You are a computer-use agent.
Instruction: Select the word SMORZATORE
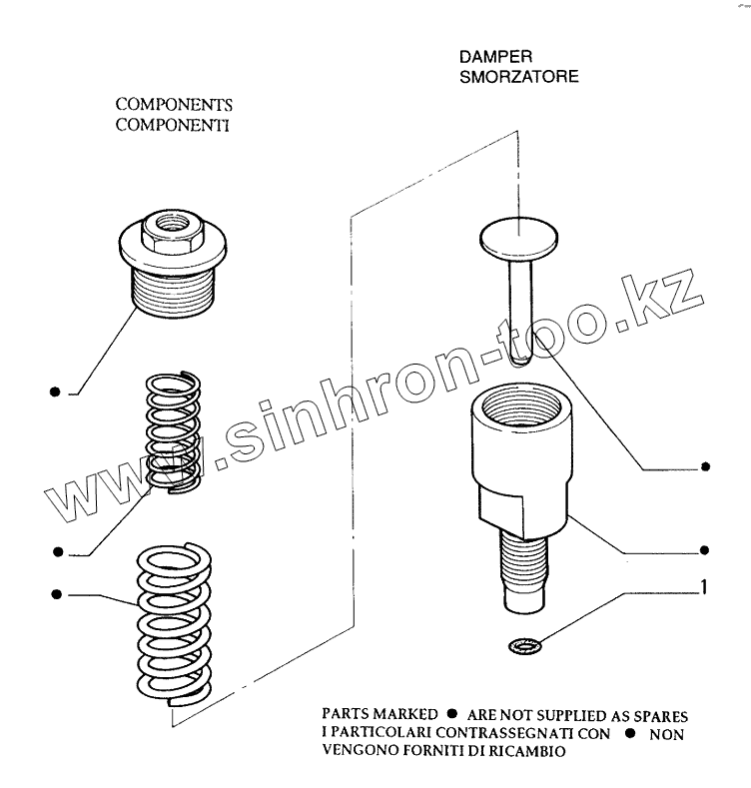(518, 76)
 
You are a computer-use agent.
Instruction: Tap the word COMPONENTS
(175, 105)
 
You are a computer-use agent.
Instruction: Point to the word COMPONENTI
(174, 125)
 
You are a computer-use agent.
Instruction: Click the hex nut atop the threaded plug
(172, 230)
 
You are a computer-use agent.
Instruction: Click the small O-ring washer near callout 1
(519, 645)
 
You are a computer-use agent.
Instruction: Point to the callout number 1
(704, 589)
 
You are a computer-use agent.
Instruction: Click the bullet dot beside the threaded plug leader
(56, 393)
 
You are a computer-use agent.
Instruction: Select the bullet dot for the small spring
(57, 550)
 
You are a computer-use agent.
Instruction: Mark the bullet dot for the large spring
(57, 594)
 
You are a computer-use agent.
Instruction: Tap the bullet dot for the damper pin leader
(706, 466)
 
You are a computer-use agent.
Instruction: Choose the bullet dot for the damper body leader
(706, 549)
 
